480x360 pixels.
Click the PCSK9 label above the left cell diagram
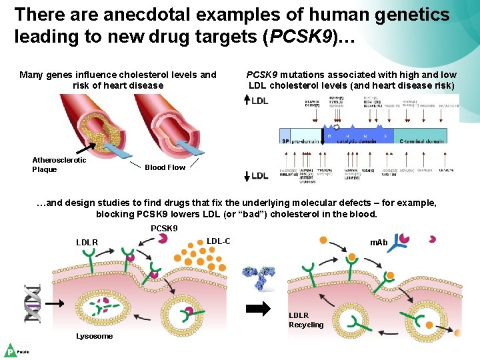(164, 229)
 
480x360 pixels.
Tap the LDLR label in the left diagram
(87, 243)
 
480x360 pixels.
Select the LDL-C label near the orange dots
(219, 241)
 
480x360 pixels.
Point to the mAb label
(379, 242)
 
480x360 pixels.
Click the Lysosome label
(95, 336)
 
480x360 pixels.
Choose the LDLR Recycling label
(306, 320)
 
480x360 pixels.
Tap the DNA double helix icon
(33, 303)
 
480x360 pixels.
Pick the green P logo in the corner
(11, 351)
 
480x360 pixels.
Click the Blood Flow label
(166, 167)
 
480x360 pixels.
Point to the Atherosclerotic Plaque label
(59, 165)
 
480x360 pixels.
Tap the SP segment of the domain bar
(285, 141)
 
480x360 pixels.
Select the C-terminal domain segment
(422, 141)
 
